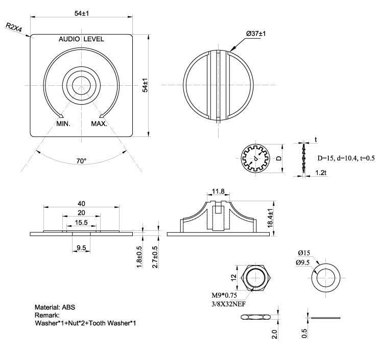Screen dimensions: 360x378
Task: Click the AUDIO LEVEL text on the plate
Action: pyautogui.click(x=81, y=39)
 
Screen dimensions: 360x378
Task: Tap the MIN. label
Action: pyautogui.click(x=63, y=124)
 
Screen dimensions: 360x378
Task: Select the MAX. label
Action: pyautogui.click(x=99, y=124)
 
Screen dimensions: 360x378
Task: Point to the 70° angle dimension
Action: pyautogui.click(x=81, y=161)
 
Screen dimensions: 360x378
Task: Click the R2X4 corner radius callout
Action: pyautogui.click(x=14, y=27)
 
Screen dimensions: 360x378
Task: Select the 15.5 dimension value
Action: pyautogui.click(x=81, y=223)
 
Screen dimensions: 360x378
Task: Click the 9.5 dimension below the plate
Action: pyautogui.click(x=81, y=248)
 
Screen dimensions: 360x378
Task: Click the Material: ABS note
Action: pyautogui.click(x=55, y=307)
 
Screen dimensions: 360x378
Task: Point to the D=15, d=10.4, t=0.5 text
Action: pyautogui.click(x=346, y=158)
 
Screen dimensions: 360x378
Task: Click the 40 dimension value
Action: pyautogui.click(x=81, y=203)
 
